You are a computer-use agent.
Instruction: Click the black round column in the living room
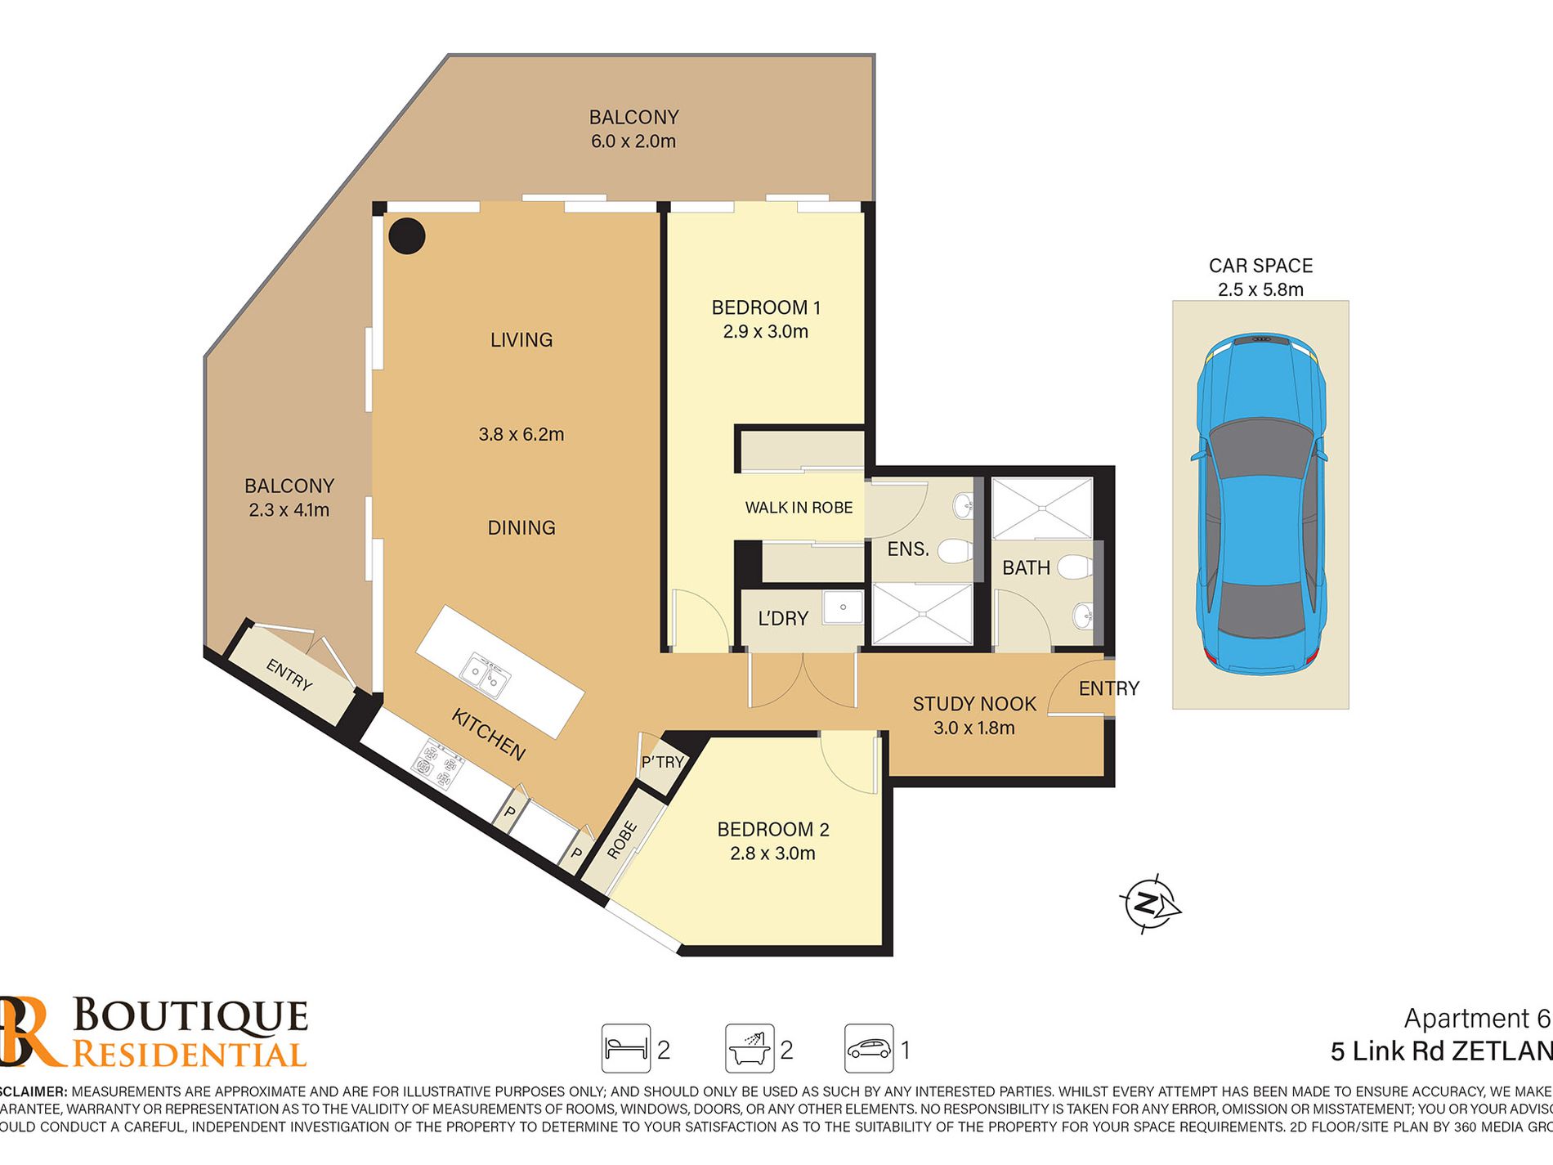[x=406, y=236]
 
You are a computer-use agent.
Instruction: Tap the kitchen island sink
[x=484, y=675]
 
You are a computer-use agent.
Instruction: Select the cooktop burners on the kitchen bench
[x=437, y=764]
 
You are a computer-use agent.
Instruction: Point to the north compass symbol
[x=1148, y=905]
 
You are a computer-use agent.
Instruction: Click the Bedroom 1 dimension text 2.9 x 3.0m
[x=765, y=332]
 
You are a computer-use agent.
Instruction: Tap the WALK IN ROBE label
[x=799, y=508]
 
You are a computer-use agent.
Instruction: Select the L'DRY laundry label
[x=782, y=619]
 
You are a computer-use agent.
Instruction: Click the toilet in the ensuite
[x=953, y=550]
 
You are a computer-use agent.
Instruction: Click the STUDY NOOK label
[x=973, y=704]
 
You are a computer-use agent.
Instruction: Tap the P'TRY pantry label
[x=662, y=762]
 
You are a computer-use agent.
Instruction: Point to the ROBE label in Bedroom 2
[x=622, y=840]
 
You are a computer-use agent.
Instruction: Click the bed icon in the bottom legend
[x=625, y=1048]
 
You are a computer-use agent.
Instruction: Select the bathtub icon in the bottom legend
[x=750, y=1048]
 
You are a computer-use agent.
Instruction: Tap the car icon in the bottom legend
[x=868, y=1048]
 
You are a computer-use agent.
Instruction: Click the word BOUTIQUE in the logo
[x=190, y=1016]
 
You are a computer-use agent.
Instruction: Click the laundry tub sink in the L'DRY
[x=842, y=607]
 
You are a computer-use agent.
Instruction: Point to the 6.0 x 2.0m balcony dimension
[x=633, y=141]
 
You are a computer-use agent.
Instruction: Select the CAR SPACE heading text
[x=1260, y=266]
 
